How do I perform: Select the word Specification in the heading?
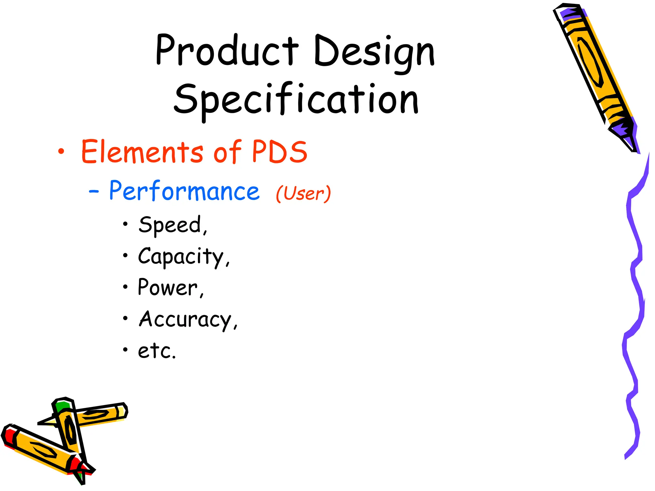[x=296, y=99]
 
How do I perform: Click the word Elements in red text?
[x=142, y=152]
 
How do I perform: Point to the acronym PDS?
[x=280, y=152]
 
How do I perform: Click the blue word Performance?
[x=184, y=191]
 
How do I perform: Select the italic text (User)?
[x=303, y=193]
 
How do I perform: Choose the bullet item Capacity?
[x=184, y=257]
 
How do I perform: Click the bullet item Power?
[x=170, y=287]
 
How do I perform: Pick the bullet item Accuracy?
[x=188, y=319]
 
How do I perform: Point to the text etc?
[x=157, y=351]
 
